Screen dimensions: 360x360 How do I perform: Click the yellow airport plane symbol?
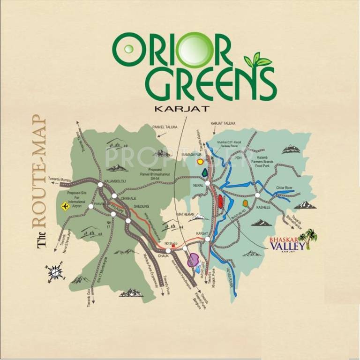click(x=64, y=205)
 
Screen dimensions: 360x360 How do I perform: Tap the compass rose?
click(x=54, y=272)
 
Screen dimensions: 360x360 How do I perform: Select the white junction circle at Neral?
click(x=207, y=183)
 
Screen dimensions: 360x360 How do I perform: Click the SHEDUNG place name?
click(x=141, y=206)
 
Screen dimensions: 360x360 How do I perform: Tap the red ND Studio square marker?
click(x=173, y=246)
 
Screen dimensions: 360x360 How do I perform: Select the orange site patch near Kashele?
click(x=245, y=203)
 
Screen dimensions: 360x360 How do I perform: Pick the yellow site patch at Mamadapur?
click(x=201, y=162)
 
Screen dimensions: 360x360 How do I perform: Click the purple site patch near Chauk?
click(x=193, y=260)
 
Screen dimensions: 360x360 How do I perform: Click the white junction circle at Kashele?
click(x=257, y=195)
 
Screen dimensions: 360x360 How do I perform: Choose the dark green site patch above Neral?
click(x=204, y=172)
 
